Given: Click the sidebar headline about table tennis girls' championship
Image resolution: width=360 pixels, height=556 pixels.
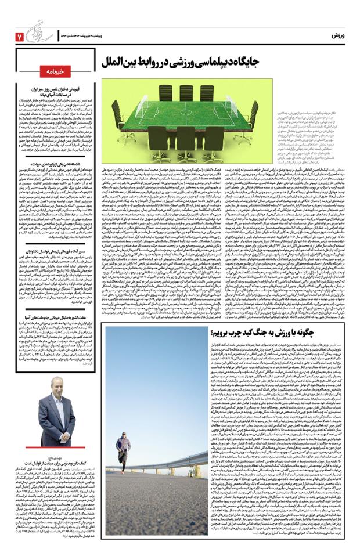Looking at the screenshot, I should click(53, 92).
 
